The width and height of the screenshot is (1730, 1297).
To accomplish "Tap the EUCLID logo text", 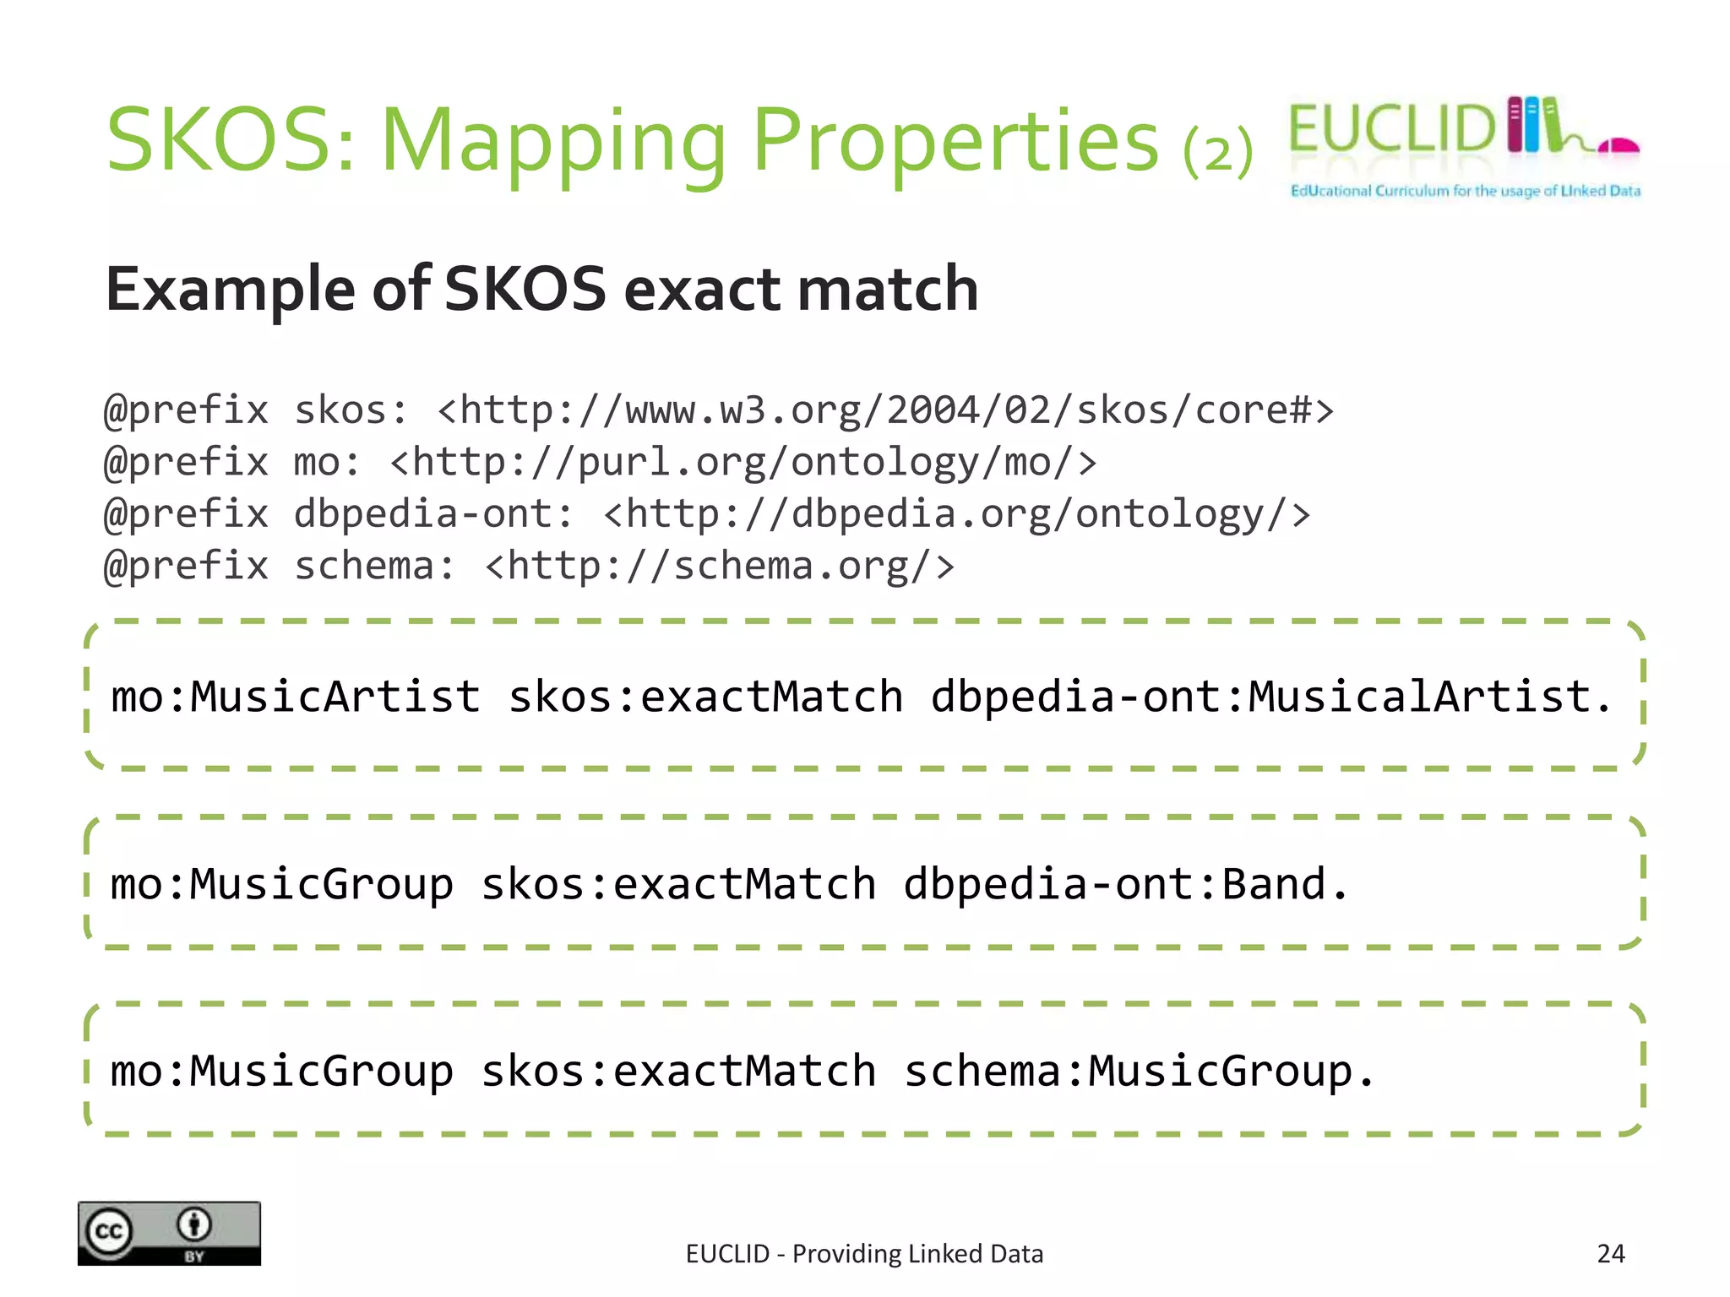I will (1392, 129).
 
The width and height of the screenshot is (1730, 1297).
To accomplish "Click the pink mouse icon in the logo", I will (1618, 147).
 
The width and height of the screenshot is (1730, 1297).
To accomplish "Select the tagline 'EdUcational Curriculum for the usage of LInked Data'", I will (1465, 191).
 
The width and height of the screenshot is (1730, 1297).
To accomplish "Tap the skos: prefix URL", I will (884, 410).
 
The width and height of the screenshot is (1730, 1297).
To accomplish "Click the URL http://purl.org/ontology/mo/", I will (743, 463).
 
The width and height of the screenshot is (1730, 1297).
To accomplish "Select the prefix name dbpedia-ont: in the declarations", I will (433, 514).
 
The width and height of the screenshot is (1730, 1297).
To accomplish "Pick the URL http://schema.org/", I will (720, 566).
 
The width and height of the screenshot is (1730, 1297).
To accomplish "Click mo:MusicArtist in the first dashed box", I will (296, 697).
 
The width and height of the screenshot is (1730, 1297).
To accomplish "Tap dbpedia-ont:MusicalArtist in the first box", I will (1270, 697).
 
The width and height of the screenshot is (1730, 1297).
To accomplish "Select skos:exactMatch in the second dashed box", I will (678, 885).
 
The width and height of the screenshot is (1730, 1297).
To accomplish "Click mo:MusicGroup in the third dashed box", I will (282, 1072).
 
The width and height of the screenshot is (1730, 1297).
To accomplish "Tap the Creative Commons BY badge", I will (169, 1233).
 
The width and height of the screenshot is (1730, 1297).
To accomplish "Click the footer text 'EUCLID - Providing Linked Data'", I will (864, 1254).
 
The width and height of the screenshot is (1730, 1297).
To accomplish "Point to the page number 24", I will (1610, 1254).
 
